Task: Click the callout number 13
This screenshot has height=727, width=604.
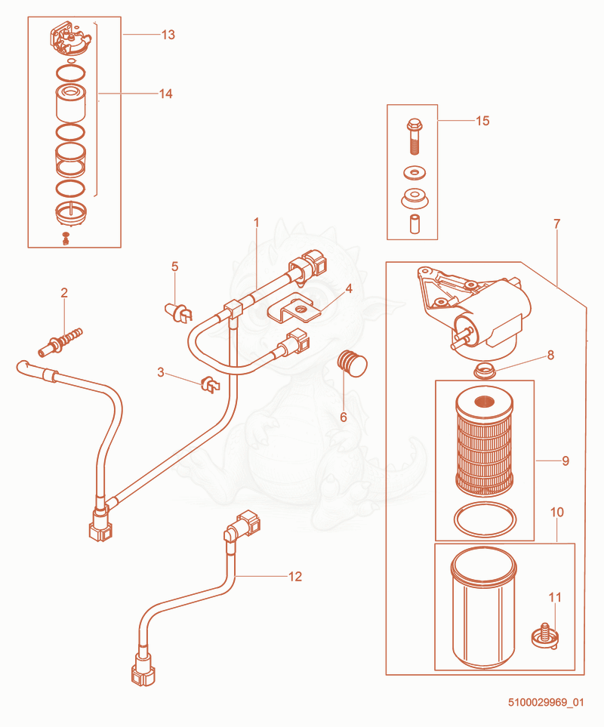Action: [x=168, y=35]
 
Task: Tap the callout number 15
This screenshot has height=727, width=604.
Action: [x=482, y=121]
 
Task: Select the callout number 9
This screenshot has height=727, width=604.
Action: [x=565, y=461]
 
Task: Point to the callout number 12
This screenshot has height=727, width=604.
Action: [x=295, y=576]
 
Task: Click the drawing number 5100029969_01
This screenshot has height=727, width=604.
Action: [x=546, y=702]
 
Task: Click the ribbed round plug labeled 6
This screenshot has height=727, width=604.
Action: [x=354, y=364]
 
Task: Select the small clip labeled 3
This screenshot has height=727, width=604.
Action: [x=211, y=385]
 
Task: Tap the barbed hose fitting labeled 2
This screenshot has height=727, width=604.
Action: [x=60, y=343]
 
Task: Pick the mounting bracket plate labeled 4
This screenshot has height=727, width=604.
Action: [x=294, y=307]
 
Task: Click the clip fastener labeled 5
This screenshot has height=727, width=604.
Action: [x=179, y=312]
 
